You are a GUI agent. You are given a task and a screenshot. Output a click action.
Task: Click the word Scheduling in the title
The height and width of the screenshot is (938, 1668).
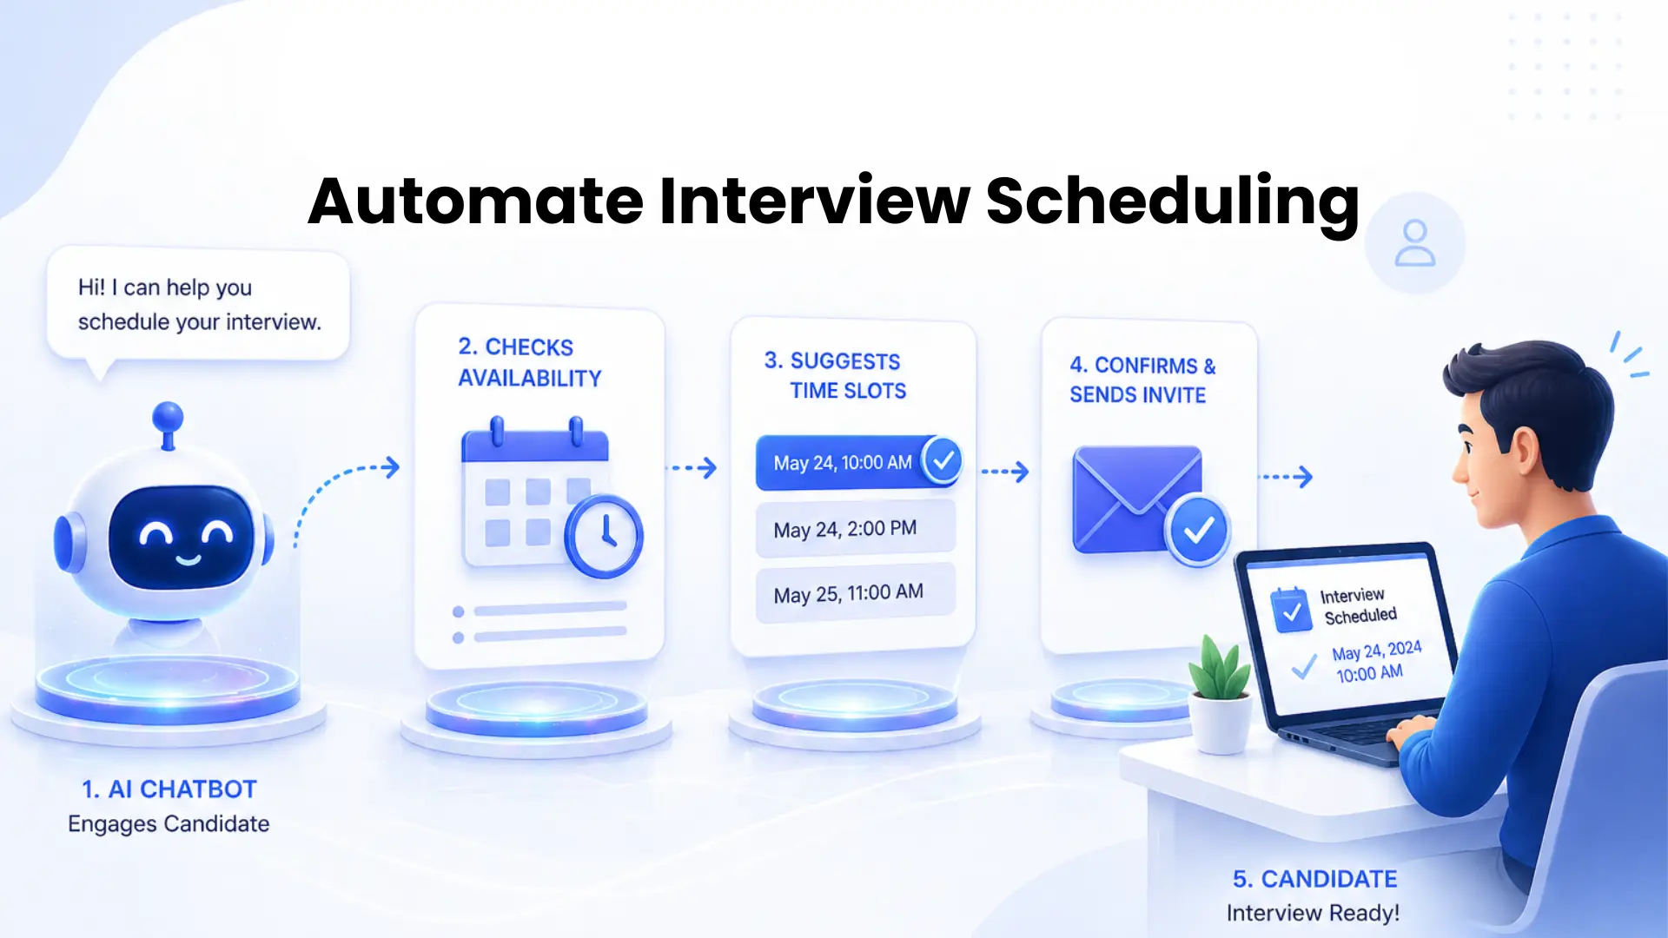pos(1172,201)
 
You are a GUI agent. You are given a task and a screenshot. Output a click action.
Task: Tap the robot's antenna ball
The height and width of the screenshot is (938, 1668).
pos(168,417)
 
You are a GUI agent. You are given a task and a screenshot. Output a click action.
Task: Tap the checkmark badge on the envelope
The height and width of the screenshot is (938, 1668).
pos(1199,530)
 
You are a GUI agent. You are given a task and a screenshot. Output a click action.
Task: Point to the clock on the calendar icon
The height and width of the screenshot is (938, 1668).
pos(604,536)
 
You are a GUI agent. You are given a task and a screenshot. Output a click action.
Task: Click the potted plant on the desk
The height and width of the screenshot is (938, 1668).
pos(1221,695)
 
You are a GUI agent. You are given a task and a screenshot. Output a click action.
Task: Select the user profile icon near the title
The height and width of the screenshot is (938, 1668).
pos(1414,243)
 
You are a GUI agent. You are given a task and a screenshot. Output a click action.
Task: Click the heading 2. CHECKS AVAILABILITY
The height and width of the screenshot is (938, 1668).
pos(529,362)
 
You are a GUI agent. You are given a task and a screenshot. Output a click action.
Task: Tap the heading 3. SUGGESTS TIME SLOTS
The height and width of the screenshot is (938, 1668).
pos(834,375)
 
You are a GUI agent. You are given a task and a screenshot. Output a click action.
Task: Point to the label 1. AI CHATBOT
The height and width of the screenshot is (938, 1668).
pos(169,789)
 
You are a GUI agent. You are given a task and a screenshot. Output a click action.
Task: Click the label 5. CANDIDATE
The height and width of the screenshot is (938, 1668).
pos(1314,879)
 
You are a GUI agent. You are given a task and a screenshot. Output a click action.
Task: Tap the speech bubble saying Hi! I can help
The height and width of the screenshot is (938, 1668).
pos(198,304)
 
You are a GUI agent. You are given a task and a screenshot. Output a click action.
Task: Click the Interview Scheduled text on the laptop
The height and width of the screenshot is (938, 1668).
pos(1357,605)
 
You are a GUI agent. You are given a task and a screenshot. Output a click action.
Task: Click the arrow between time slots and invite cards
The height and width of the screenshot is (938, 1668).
pos(1005,472)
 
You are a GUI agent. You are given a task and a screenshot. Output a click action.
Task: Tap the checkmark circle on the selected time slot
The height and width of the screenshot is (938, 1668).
pos(943,460)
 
